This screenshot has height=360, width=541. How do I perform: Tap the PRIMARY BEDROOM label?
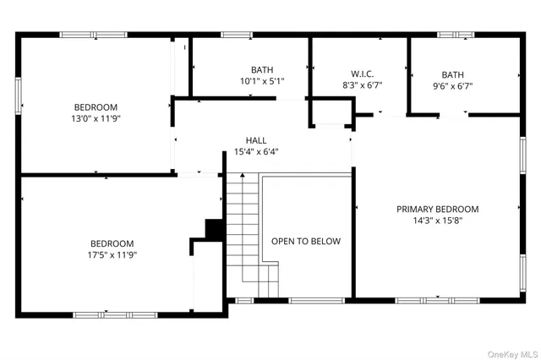[x=438, y=209]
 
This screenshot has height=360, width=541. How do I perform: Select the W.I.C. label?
[x=362, y=74]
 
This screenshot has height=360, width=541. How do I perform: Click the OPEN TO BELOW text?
[x=306, y=241]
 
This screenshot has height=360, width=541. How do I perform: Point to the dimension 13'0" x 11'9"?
[x=96, y=119]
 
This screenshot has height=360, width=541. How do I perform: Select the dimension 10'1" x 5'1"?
[x=261, y=81]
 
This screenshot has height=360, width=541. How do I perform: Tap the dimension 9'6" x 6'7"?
[x=452, y=85]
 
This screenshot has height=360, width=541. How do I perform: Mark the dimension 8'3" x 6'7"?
[x=362, y=85]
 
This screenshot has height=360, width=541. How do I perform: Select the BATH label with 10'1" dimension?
[x=261, y=69]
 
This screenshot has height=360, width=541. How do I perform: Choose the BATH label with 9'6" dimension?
[x=452, y=74]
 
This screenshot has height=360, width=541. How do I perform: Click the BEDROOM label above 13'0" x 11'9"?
[x=96, y=107]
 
